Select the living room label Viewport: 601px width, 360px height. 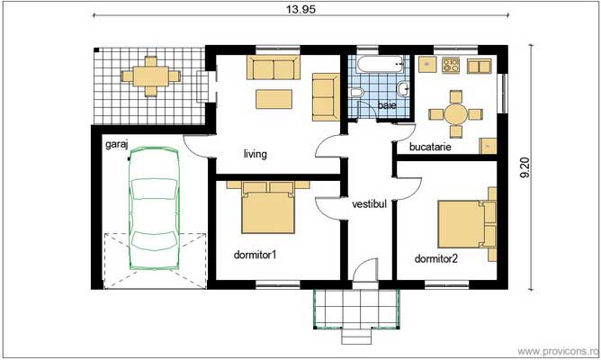[x=255, y=154]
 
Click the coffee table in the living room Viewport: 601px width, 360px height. [x=275, y=97]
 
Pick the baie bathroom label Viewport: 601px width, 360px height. [x=387, y=106]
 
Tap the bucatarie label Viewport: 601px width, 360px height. [x=430, y=145]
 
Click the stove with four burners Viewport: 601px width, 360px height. [x=449, y=65]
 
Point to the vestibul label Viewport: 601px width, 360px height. [x=369, y=204]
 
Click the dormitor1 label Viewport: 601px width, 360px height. [x=254, y=255]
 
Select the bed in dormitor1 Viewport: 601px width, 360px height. [x=268, y=211]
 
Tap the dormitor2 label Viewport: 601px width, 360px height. [x=436, y=259]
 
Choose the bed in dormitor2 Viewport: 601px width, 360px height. [x=467, y=223]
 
